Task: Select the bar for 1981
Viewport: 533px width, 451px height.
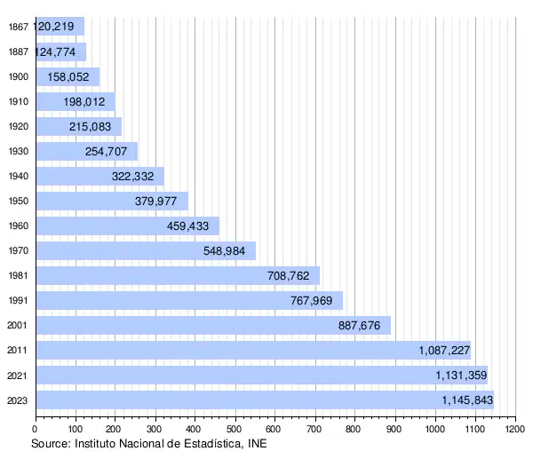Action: [178, 275]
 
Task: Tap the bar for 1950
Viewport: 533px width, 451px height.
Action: [112, 201]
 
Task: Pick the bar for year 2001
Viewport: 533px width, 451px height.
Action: [213, 325]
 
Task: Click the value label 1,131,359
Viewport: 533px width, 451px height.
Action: [461, 376]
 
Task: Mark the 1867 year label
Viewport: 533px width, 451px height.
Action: [17, 27]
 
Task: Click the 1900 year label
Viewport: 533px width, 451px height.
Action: [17, 76]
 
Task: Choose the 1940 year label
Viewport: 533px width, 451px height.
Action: [17, 176]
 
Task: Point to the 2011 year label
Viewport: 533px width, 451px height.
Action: [17, 351]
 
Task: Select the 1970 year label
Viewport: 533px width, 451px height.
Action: [17, 251]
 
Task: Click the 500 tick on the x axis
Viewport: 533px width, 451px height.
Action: [235, 430]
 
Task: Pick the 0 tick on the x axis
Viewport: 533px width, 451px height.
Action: [36, 430]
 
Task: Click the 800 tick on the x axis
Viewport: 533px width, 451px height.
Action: [354, 430]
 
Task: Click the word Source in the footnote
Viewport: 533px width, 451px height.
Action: [50, 442]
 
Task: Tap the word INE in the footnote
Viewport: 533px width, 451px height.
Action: [256, 442]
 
